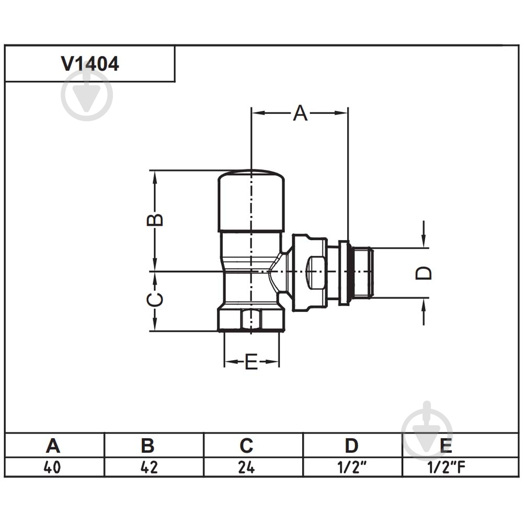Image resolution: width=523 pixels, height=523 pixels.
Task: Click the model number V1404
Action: click(x=90, y=63)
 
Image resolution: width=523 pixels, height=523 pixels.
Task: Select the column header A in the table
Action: click(x=53, y=446)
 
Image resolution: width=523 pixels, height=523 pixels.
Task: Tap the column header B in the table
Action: click(x=147, y=446)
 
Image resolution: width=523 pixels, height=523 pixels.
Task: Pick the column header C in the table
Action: click(x=246, y=446)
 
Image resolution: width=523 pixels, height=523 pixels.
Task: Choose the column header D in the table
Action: click(x=351, y=446)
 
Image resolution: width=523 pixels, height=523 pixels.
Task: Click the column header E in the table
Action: click(x=446, y=446)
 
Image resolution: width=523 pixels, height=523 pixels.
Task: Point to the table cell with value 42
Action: click(x=149, y=467)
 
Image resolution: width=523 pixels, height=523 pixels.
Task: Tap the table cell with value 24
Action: click(x=246, y=467)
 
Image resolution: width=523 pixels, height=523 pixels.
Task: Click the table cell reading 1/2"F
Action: click(x=446, y=467)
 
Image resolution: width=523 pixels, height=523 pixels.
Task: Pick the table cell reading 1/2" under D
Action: click(x=352, y=467)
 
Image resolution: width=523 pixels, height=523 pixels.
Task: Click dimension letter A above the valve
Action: click(x=300, y=113)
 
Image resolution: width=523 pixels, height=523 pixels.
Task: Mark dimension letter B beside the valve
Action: click(x=155, y=220)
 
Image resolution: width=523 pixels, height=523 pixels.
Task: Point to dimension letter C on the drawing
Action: click(x=155, y=299)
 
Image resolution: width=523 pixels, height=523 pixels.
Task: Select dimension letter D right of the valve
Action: click(x=424, y=273)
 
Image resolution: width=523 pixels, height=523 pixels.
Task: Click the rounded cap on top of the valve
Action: click(x=251, y=201)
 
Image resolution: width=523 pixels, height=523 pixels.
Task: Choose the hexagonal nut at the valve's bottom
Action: click(x=251, y=319)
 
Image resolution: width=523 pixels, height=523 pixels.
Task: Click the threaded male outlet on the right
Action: click(x=362, y=272)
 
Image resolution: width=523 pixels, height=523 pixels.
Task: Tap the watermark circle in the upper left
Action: click(x=87, y=95)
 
